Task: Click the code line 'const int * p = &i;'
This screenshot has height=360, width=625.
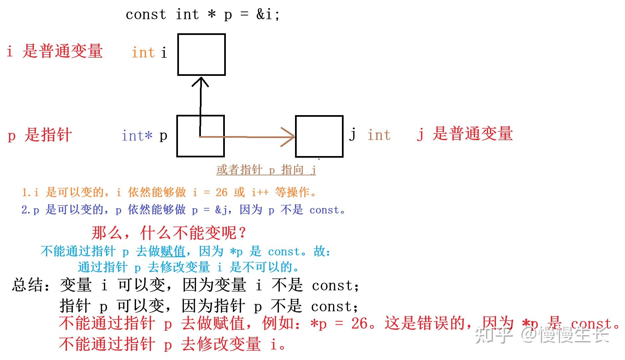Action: click(203, 14)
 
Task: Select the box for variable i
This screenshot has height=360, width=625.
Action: click(201, 55)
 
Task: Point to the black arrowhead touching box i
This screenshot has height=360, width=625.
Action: click(200, 81)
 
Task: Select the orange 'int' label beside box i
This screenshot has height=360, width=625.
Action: click(143, 53)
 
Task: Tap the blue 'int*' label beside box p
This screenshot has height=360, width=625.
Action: click(137, 136)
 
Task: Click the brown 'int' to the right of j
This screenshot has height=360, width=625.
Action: click(379, 135)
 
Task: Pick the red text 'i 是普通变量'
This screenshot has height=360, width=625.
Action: click(55, 51)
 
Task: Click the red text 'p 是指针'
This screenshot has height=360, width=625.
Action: click(40, 135)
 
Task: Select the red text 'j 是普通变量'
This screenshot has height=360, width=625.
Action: click(465, 134)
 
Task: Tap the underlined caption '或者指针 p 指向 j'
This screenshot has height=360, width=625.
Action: click(266, 170)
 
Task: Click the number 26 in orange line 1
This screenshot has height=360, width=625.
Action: click(222, 192)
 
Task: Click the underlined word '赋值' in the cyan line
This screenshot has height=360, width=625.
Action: click(173, 251)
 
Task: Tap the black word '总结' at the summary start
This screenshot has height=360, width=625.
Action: click(28, 285)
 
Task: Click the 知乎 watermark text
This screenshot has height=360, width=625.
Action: click(494, 335)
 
